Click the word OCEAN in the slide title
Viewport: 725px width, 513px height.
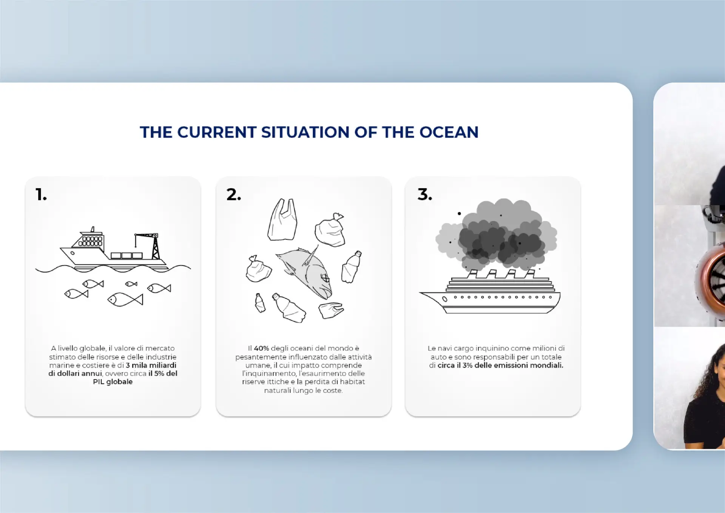click(x=449, y=132)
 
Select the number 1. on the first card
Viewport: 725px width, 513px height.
click(x=41, y=195)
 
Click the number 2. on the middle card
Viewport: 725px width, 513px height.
click(x=234, y=195)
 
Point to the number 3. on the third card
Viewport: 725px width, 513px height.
click(x=425, y=195)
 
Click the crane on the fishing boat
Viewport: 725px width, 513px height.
click(x=149, y=246)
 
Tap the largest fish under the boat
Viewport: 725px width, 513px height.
click(x=125, y=300)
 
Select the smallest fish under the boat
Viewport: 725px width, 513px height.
click(x=131, y=284)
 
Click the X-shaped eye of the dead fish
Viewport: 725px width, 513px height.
click(x=325, y=279)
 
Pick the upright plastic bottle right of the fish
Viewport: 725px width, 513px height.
click(x=351, y=267)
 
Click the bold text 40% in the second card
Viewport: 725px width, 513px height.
click(x=261, y=348)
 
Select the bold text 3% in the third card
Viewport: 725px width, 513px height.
click(x=467, y=365)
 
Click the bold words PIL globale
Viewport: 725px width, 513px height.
click(x=113, y=382)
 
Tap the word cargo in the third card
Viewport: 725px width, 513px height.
click(x=463, y=348)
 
